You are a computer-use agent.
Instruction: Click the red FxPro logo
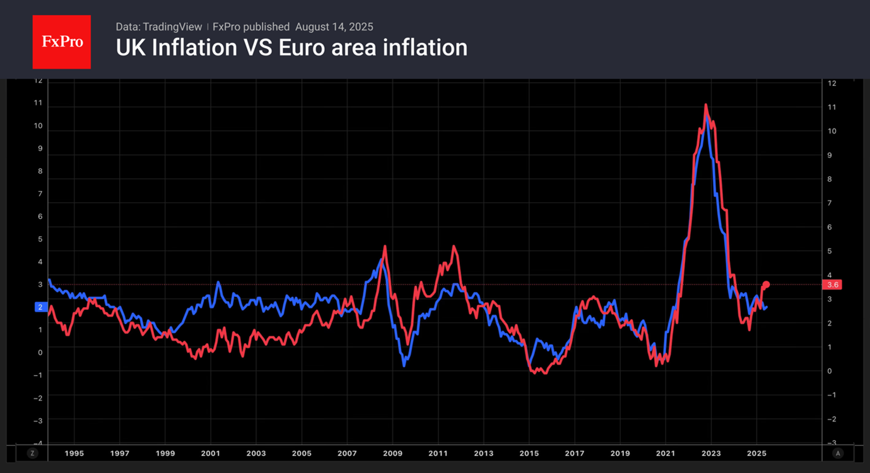coord(62,42)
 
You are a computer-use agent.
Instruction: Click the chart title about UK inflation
coord(291,47)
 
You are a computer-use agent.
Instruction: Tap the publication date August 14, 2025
coord(334,26)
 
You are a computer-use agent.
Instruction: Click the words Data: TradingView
coord(159,26)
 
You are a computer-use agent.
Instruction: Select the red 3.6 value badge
coord(832,285)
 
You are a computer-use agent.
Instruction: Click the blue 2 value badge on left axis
coord(40,307)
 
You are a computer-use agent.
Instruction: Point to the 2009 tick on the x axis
coord(392,453)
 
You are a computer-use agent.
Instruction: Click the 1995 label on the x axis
coord(74,453)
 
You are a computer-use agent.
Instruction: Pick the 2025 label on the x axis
coord(756,453)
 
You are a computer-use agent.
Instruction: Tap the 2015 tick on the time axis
coord(529,453)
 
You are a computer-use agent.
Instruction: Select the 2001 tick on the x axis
coord(211,453)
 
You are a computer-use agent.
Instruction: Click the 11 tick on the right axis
coord(832,107)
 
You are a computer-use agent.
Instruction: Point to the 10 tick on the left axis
coord(38,126)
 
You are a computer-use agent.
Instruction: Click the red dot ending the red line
coord(766,284)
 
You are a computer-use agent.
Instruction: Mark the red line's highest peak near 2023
coord(705,105)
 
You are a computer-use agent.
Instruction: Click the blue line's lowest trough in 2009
coord(404,365)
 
